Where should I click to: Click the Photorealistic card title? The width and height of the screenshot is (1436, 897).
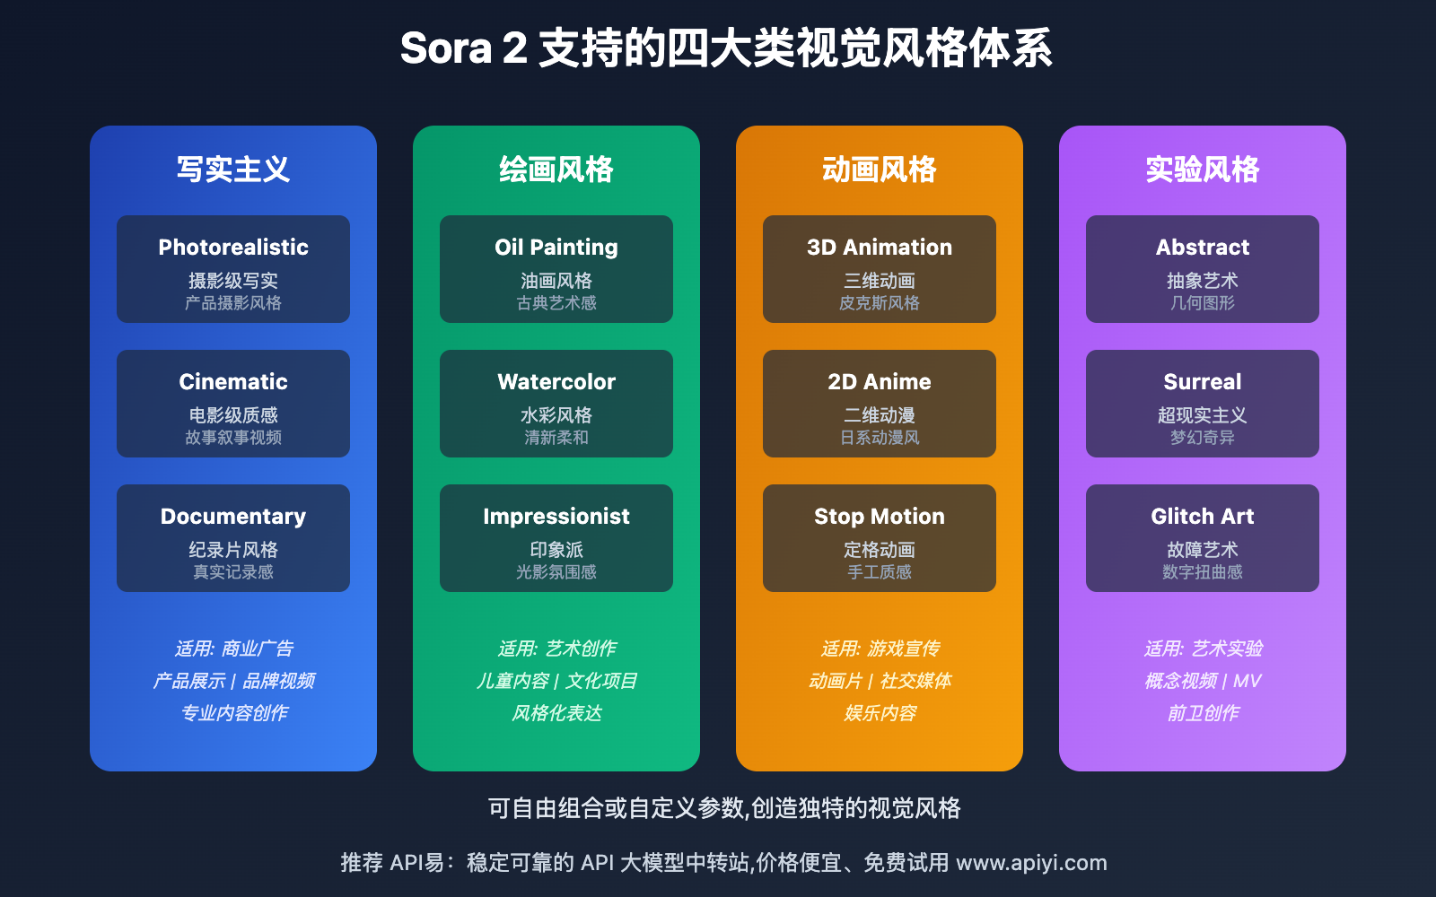[233, 248]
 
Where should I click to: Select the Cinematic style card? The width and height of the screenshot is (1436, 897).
[233, 404]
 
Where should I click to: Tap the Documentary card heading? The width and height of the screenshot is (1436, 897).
[233, 517]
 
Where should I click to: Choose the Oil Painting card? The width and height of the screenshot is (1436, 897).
[556, 269]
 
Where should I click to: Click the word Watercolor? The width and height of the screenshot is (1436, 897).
[556, 382]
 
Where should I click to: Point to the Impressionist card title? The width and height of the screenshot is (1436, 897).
[556, 517]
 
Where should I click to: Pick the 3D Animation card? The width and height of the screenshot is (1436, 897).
[880, 269]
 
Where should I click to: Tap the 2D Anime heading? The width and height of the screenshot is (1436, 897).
[880, 382]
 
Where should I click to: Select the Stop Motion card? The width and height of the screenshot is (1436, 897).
[880, 538]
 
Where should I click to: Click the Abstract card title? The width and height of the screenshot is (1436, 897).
[1203, 248]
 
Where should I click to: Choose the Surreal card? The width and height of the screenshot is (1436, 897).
[1203, 404]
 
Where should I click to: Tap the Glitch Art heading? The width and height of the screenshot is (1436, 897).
[1203, 517]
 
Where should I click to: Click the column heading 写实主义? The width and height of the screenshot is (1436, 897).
[233, 170]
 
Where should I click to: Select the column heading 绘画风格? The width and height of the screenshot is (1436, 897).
[556, 170]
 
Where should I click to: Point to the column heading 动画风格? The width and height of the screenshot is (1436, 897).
[880, 170]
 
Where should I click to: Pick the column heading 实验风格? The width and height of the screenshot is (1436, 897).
[1203, 170]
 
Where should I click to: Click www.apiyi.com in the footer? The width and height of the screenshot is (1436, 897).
[1031, 863]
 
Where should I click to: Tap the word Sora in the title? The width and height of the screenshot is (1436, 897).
[446, 48]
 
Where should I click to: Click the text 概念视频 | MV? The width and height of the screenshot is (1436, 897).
[1203, 681]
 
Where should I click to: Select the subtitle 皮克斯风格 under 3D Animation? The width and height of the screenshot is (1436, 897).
[880, 303]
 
